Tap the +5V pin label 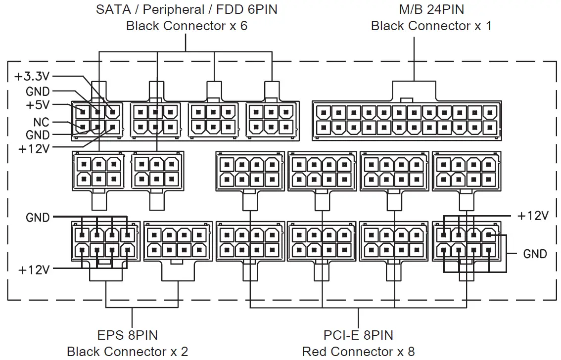pos(37,105)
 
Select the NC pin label pos(41,122)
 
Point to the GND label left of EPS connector pos(38,218)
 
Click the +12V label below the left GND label pos(34,270)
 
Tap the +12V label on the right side pos(533,216)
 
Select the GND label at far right pos(535,254)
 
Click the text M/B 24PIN pos(431,9)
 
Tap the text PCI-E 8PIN pos(358,335)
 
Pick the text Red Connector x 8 pos(358,352)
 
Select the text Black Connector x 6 pos(187,26)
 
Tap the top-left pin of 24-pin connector pos(323,113)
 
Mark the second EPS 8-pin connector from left pos(178,241)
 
